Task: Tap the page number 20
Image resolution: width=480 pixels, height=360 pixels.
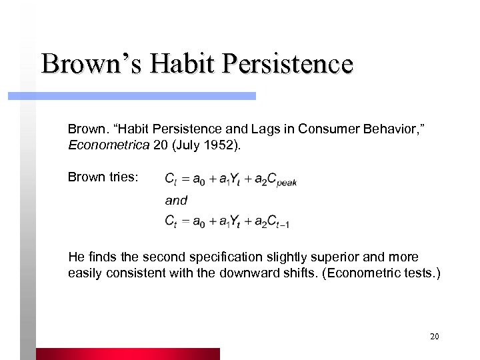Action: point(434,337)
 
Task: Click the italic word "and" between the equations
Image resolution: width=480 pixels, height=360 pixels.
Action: point(176,200)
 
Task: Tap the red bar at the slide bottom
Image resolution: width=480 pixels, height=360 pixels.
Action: point(127,353)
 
